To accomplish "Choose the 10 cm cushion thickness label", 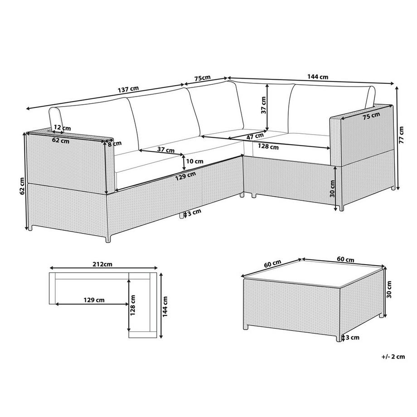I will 194,161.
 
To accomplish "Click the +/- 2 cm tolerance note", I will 393,357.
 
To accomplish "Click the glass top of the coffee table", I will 313,274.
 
